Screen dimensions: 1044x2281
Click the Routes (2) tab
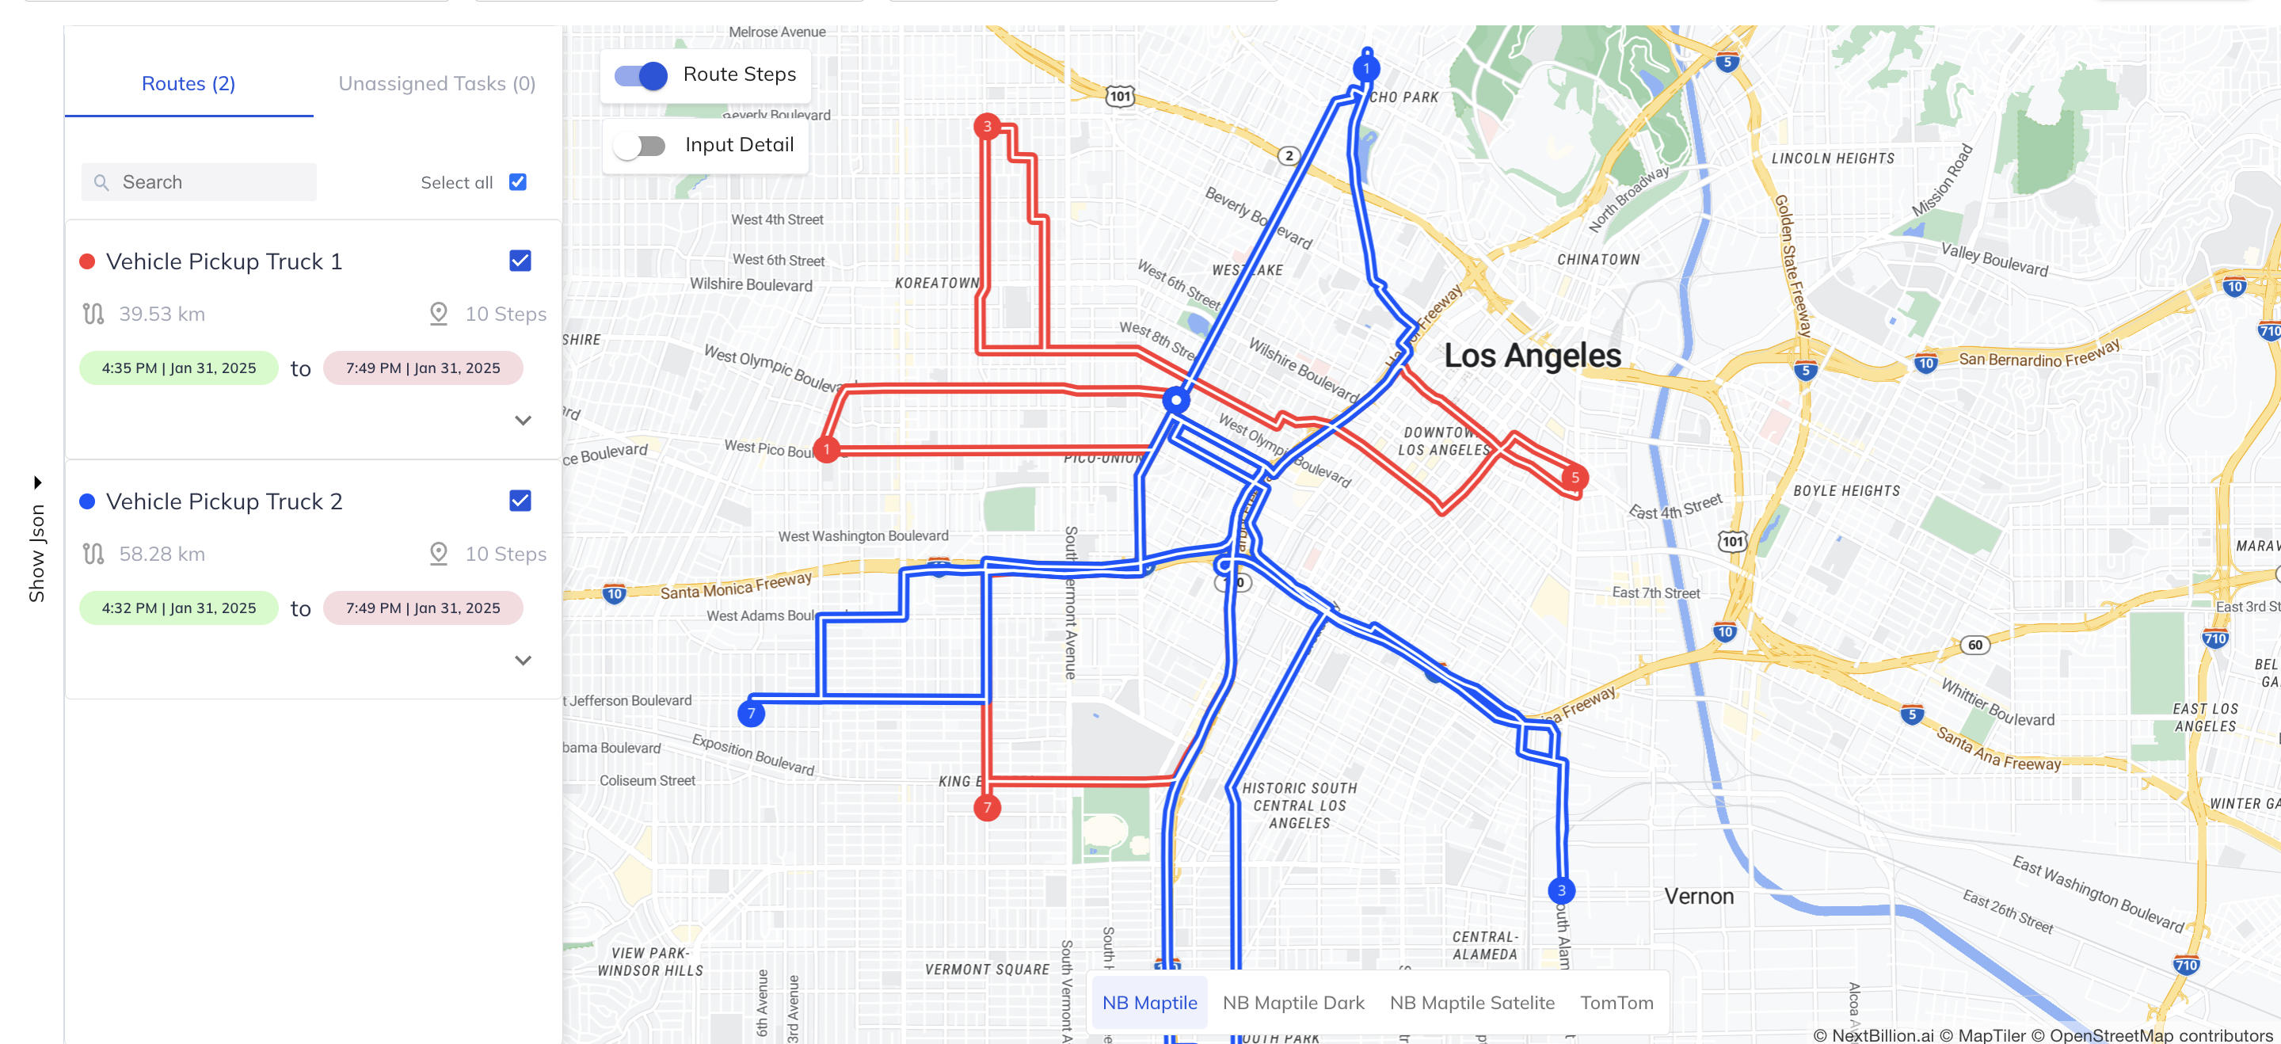click(x=188, y=83)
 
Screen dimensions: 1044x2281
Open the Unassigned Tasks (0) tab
click(x=436, y=83)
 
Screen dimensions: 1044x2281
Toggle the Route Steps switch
click(x=641, y=75)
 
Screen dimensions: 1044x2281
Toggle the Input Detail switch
click(x=640, y=145)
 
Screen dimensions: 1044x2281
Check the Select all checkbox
click(x=518, y=182)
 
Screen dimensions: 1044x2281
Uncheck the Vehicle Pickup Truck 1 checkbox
click(x=520, y=261)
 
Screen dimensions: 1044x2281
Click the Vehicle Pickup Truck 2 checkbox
click(x=520, y=501)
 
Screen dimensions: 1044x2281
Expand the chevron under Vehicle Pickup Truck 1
click(x=523, y=421)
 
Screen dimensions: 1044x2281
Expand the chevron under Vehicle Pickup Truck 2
click(x=523, y=661)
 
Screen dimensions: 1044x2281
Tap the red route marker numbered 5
click(x=1575, y=478)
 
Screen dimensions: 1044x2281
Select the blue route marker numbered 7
click(x=751, y=714)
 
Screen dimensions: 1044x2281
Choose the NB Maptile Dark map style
click(x=1293, y=1002)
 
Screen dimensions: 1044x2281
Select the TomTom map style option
click(x=1616, y=1002)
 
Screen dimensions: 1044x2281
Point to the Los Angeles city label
click(x=1532, y=356)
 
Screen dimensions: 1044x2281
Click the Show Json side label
click(x=37, y=553)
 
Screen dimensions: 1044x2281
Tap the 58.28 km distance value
click(x=162, y=554)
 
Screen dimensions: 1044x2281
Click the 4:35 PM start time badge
click(x=178, y=368)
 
